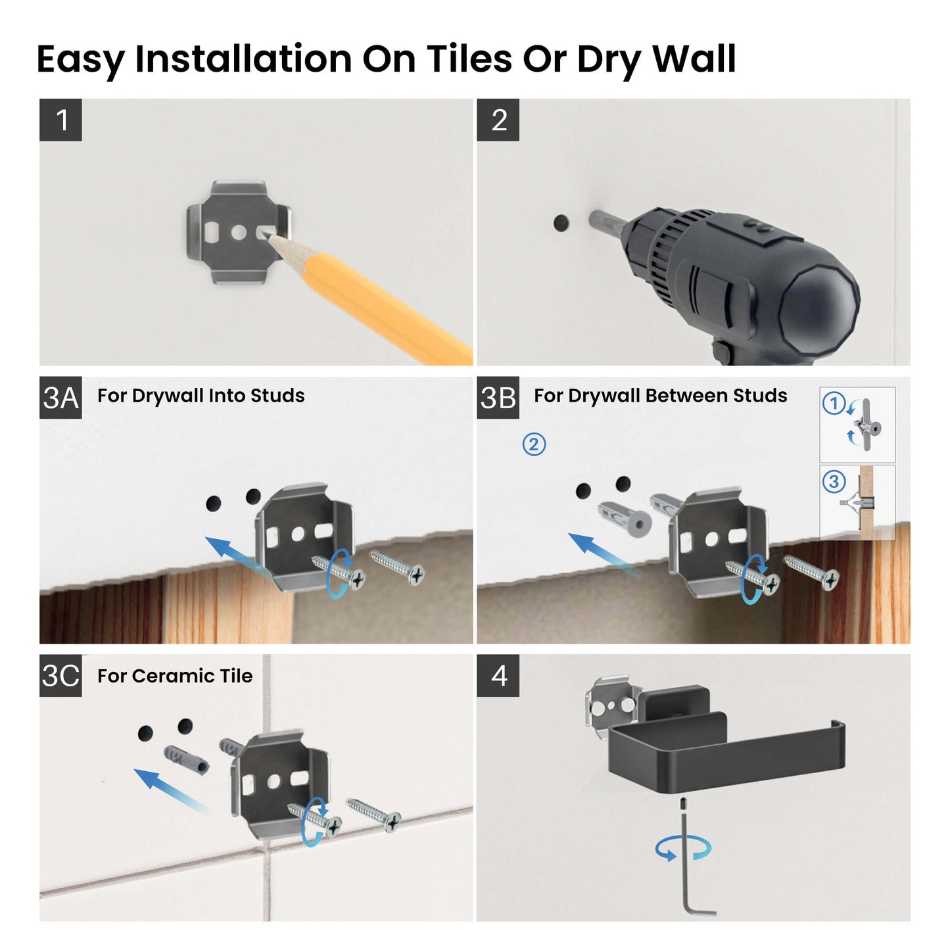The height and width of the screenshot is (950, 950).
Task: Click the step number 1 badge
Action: (60, 120)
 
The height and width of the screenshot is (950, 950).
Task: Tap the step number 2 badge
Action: (498, 120)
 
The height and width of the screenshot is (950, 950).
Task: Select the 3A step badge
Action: (60, 398)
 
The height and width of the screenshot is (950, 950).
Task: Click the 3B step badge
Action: (498, 398)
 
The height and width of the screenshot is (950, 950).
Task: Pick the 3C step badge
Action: (60, 675)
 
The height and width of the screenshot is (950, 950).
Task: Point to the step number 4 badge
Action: (498, 675)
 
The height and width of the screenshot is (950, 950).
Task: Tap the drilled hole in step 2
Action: (561, 223)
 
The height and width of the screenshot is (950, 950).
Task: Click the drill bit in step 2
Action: (604, 222)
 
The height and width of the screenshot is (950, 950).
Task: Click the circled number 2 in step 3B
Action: (534, 444)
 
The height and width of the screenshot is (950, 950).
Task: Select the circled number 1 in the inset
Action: (834, 403)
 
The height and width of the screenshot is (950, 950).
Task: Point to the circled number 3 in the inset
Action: (834, 482)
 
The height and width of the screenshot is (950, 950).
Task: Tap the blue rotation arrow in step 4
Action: (683, 848)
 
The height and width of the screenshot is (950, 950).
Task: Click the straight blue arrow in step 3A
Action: (230, 553)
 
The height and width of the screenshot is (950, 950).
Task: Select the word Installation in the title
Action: (243, 59)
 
